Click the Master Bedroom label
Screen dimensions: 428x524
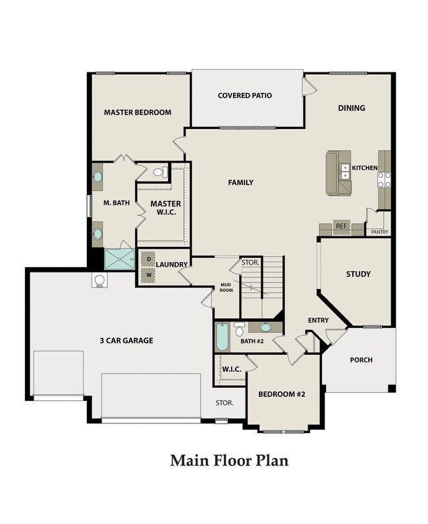tap(138, 113)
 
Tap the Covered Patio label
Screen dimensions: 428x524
tap(245, 95)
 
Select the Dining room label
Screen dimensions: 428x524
tap(352, 108)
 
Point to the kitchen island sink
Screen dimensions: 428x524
tap(344, 171)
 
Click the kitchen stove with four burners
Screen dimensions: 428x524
tap(384, 180)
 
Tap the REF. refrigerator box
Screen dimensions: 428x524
tap(342, 226)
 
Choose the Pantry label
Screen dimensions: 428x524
tap(379, 232)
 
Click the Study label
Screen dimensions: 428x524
tap(358, 275)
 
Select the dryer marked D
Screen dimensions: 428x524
tap(148, 259)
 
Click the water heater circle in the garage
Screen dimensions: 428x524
tap(99, 279)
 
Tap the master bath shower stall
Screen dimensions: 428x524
tap(119, 259)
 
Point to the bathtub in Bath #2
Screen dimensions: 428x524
tap(222, 337)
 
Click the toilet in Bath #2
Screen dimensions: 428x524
tap(239, 330)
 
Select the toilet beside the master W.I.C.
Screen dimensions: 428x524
tap(160, 172)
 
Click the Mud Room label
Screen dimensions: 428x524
tap(226, 288)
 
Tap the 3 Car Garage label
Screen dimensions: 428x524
tap(126, 340)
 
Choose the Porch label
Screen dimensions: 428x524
tap(361, 360)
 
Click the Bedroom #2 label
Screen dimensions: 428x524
tap(282, 394)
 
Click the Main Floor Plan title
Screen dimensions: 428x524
tap(229, 461)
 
